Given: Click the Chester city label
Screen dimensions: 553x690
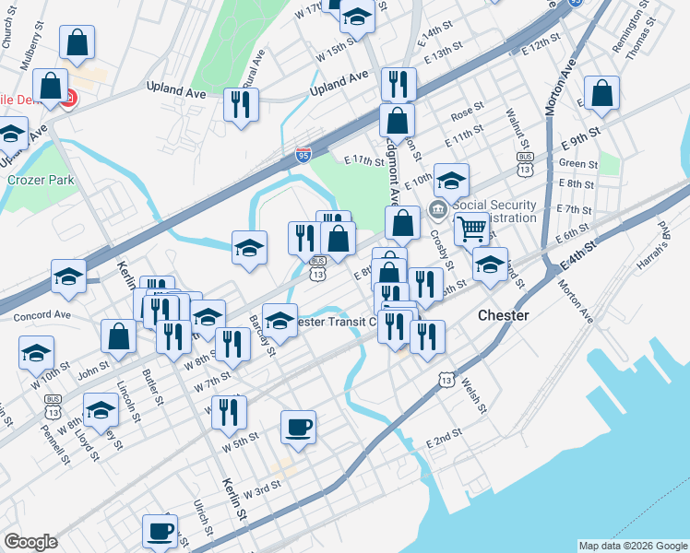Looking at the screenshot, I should pos(503,315).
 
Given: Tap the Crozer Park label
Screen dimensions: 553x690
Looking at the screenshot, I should pos(41,181).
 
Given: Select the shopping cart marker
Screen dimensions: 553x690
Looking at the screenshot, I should pos(471,228).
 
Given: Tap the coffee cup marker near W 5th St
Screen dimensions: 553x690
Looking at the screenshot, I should pos(298,427).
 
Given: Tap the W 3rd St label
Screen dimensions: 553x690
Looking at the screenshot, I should pos(262,487).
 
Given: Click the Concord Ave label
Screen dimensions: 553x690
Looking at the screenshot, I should pos(42,316).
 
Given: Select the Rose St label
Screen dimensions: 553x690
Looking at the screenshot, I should pos(468,113).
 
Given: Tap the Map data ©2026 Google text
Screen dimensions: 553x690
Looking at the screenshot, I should pos(632,546).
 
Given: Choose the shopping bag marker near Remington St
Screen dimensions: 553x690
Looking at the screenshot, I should pos(601,92).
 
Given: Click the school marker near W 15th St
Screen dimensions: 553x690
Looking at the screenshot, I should pos(356,16).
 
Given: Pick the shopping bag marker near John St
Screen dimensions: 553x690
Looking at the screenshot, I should pos(119,336).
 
